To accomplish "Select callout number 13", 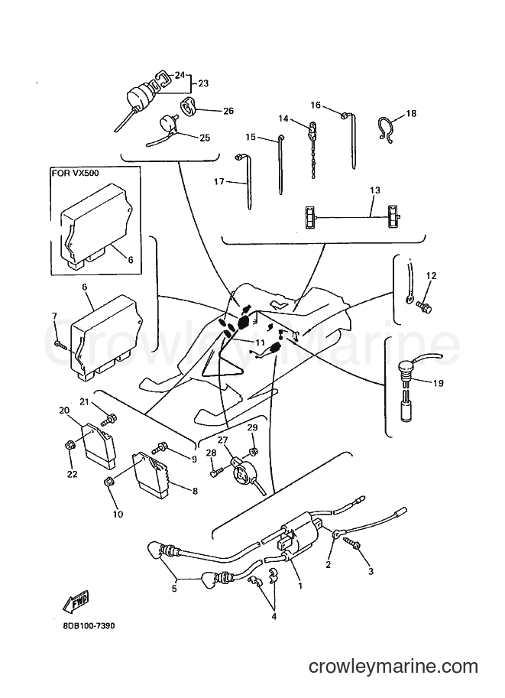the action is point(375,190).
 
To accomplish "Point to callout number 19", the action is point(439,383).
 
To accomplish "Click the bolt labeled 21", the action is point(109,419).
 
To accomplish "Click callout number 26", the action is point(228,111).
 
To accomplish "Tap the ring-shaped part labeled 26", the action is point(189,107).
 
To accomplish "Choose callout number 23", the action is point(203,83).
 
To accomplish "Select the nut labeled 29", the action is point(253,452).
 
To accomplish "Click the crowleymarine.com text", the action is point(393,667).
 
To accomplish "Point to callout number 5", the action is point(174,589).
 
